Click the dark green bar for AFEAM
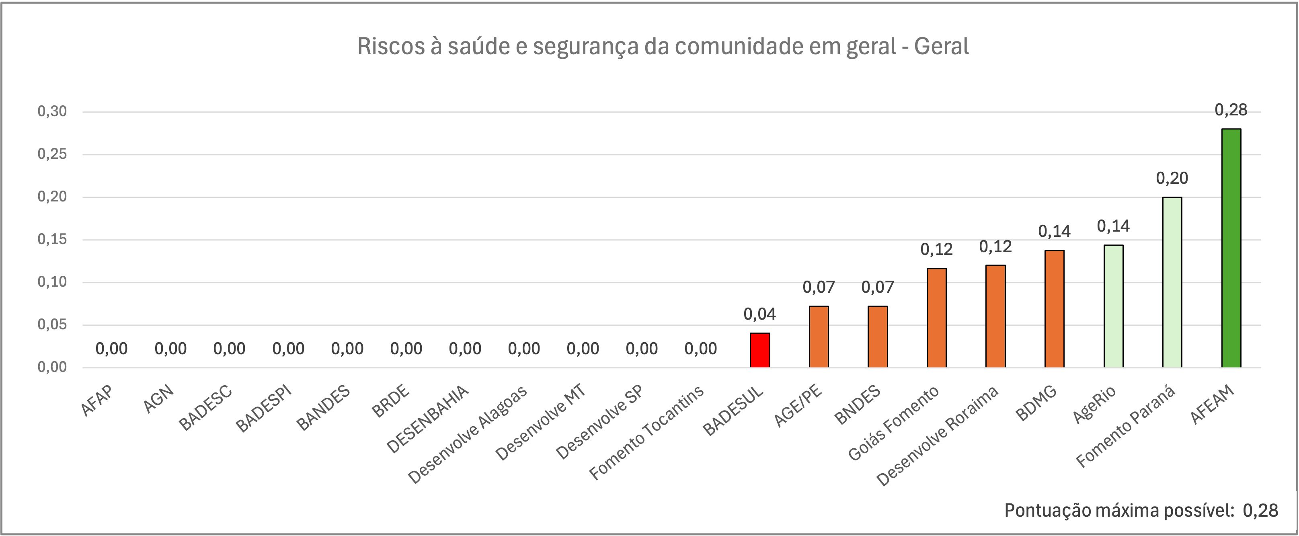[1231, 248]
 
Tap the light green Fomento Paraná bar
[1172, 282]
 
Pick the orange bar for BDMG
[1055, 308]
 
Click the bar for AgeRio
[1113, 306]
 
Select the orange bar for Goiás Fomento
[936, 318]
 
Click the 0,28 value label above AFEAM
[1231, 110]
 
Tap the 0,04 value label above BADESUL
[760, 314]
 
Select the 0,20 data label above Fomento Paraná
[1172, 178]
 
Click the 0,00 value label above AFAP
[111, 349]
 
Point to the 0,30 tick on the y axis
[52, 111]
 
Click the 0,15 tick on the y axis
[52, 239]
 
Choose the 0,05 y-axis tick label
[52, 324]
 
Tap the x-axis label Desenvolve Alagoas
[468, 434]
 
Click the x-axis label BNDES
[857, 405]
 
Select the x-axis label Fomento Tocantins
[646, 432]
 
